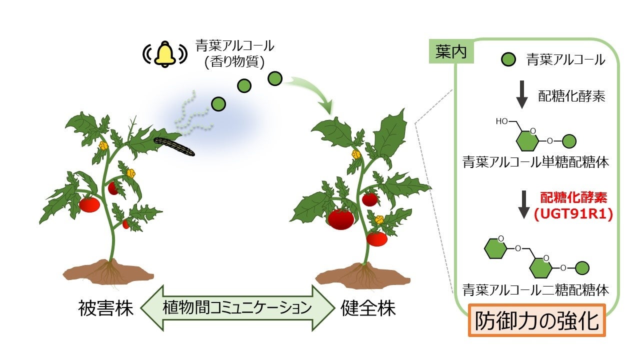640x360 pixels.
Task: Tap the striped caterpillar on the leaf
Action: click(x=174, y=146)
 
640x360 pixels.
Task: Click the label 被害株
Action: click(x=105, y=308)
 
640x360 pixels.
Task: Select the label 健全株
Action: click(x=368, y=308)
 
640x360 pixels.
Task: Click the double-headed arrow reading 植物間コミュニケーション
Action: click(x=237, y=308)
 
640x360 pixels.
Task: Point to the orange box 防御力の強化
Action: click(x=536, y=320)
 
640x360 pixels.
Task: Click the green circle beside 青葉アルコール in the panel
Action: click(x=508, y=60)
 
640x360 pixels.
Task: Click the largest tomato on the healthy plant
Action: click(x=341, y=219)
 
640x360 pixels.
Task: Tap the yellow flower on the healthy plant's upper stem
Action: click(x=356, y=154)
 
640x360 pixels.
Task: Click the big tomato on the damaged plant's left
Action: click(x=89, y=204)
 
